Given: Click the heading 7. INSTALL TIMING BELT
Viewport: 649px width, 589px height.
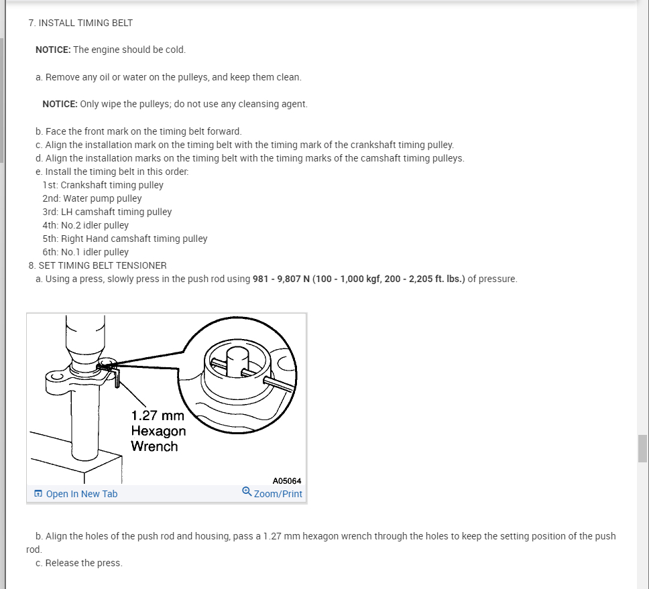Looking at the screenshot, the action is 80,23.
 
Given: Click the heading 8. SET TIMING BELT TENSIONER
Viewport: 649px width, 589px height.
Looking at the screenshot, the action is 97,265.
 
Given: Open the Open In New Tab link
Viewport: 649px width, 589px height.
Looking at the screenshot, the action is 81,494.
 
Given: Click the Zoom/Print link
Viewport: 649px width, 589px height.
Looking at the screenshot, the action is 278,494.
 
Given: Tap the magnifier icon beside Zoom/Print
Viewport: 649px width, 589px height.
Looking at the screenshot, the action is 247,493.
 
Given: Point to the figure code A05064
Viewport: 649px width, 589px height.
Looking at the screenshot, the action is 287,481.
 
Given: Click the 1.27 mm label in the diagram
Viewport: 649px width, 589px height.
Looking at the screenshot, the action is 158,415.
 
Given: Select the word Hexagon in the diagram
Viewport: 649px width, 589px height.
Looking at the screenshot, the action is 158,431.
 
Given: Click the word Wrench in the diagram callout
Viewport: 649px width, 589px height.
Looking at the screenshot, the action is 154,446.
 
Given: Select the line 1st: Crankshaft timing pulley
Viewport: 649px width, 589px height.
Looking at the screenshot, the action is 103,185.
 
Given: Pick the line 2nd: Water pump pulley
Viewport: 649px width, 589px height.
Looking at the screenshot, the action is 92,198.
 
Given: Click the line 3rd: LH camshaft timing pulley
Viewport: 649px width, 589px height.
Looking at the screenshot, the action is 107,212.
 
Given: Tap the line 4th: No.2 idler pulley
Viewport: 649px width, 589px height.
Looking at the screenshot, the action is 85,225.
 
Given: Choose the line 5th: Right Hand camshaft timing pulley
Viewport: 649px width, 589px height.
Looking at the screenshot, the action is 125,239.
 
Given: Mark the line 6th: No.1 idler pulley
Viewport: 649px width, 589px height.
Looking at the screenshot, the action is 85,252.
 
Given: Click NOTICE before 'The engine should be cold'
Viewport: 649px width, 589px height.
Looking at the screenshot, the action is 53,50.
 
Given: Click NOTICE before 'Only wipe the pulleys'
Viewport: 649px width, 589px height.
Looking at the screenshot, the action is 60,104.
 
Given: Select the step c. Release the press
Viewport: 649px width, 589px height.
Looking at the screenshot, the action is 79,563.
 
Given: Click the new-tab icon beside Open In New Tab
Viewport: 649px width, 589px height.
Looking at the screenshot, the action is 39,494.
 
